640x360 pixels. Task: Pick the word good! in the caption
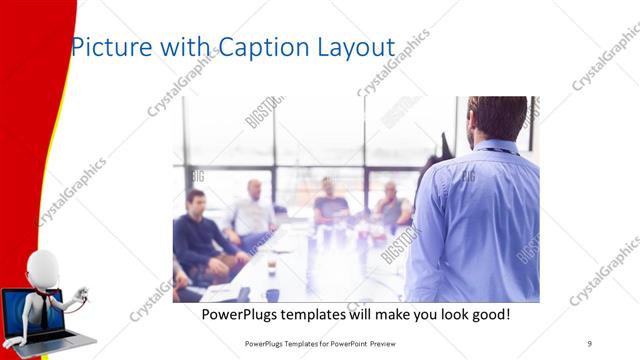coord(486,314)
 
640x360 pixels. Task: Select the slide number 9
coord(589,343)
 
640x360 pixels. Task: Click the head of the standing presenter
coord(497,117)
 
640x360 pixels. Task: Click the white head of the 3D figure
coord(41,267)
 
